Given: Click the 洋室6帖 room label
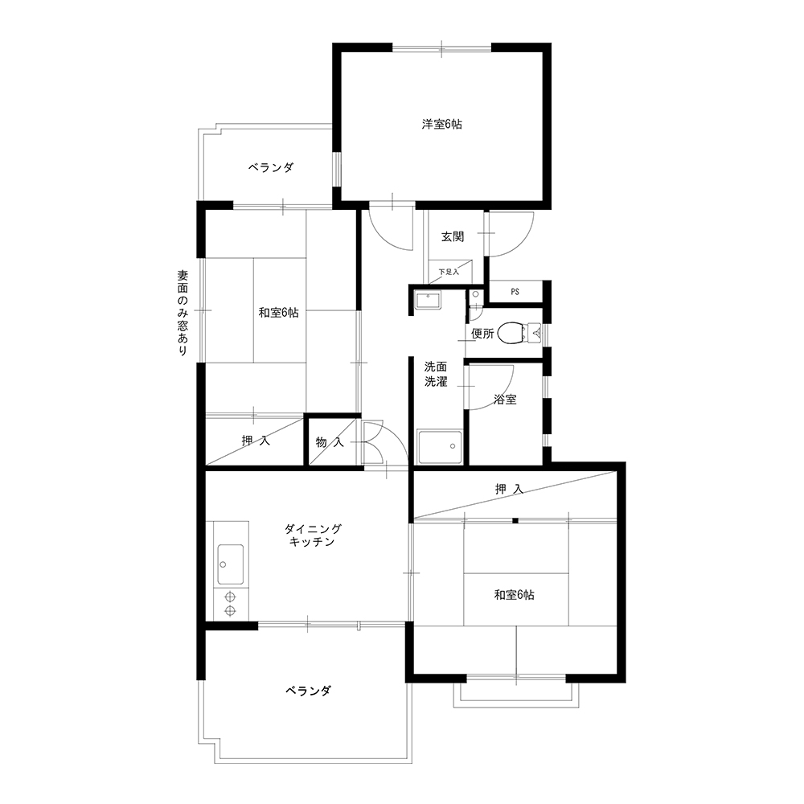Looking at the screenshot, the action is (442, 125).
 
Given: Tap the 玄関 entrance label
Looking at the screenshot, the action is (453, 237).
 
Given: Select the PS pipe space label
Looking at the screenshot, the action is (515, 292).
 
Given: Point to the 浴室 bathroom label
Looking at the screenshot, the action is (505, 400).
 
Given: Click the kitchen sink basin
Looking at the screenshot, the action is (231, 564).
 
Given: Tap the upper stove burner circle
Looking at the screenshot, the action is (230, 597).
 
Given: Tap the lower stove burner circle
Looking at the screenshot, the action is (230, 611).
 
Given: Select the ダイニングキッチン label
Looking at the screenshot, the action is (312, 535).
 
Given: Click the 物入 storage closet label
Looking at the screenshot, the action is (330, 442).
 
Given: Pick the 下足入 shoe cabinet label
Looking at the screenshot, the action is (449, 272).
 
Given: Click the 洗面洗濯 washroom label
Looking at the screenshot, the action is (436, 375).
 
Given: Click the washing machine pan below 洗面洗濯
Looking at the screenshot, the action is (441, 447).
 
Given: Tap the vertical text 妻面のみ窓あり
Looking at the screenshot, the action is (183, 314).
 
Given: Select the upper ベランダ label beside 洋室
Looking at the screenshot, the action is (271, 167).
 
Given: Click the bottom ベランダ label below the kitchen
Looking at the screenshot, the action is (309, 691).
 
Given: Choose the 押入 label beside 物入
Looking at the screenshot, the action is (256, 441).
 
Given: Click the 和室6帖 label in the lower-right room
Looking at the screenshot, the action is (515, 595).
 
